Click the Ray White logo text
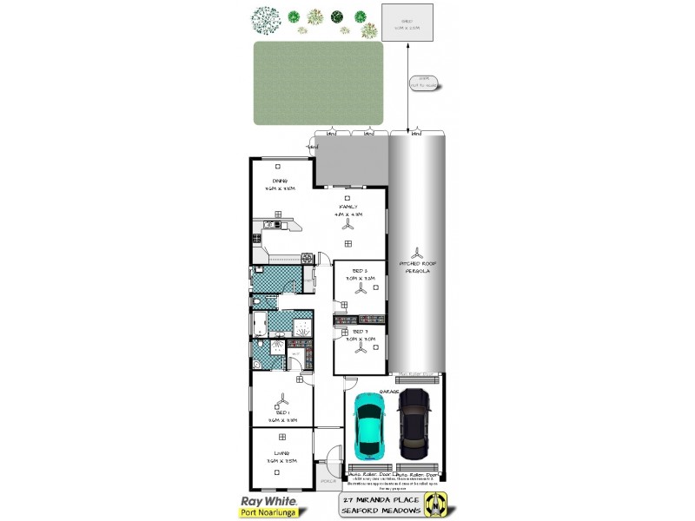(268, 501)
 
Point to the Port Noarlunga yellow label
(268, 512)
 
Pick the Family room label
(348, 209)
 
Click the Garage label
(389, 392)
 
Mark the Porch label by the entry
(326, 479)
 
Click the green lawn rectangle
(318, 83)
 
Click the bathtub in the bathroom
(259, 324)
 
